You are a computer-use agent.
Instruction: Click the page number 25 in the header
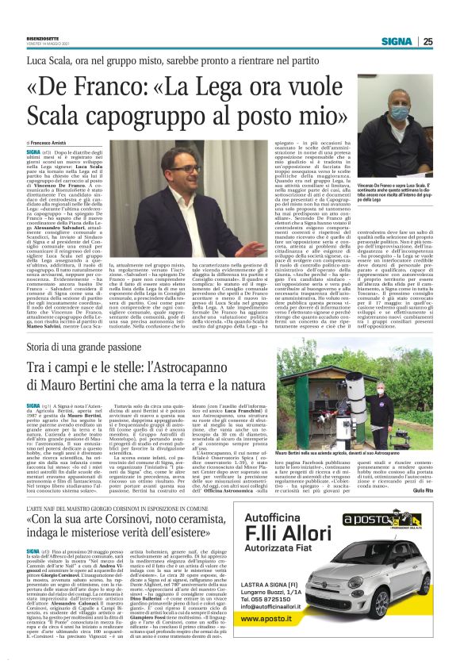(449, 42)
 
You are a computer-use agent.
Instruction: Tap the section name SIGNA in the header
(418, 42)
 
